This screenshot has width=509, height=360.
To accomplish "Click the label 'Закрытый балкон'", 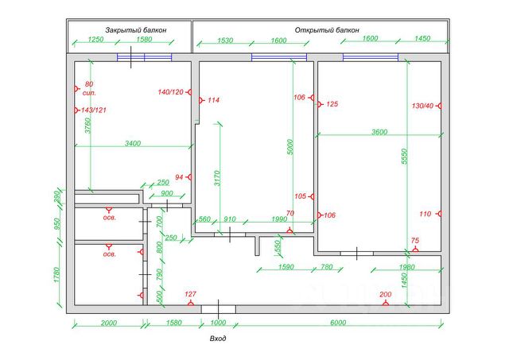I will tap(130, 29).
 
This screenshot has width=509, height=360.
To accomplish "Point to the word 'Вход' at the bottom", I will tap(218, 339).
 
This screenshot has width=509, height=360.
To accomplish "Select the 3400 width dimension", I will tap(133, 143).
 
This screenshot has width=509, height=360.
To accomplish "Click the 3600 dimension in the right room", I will tap(379, 132).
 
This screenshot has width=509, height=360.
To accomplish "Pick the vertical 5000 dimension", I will tap(290, 146).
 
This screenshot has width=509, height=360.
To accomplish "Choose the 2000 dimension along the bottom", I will tap(109, 322).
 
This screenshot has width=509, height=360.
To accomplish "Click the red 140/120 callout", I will tap(170, 93).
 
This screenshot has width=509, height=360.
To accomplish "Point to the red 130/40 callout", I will tap(422, 106).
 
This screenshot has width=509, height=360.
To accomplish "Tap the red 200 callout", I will tap(386, 295).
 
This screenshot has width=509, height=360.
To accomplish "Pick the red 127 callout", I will tap(189, 295).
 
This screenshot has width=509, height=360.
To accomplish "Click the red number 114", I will tap(212, 101).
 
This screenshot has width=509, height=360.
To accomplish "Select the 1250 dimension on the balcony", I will tap(96, 39).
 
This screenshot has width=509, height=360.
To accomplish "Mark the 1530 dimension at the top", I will tap(225, 39).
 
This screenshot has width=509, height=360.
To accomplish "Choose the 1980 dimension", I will tap(404, 267).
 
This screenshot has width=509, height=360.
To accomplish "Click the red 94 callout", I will tap(179, 176).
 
